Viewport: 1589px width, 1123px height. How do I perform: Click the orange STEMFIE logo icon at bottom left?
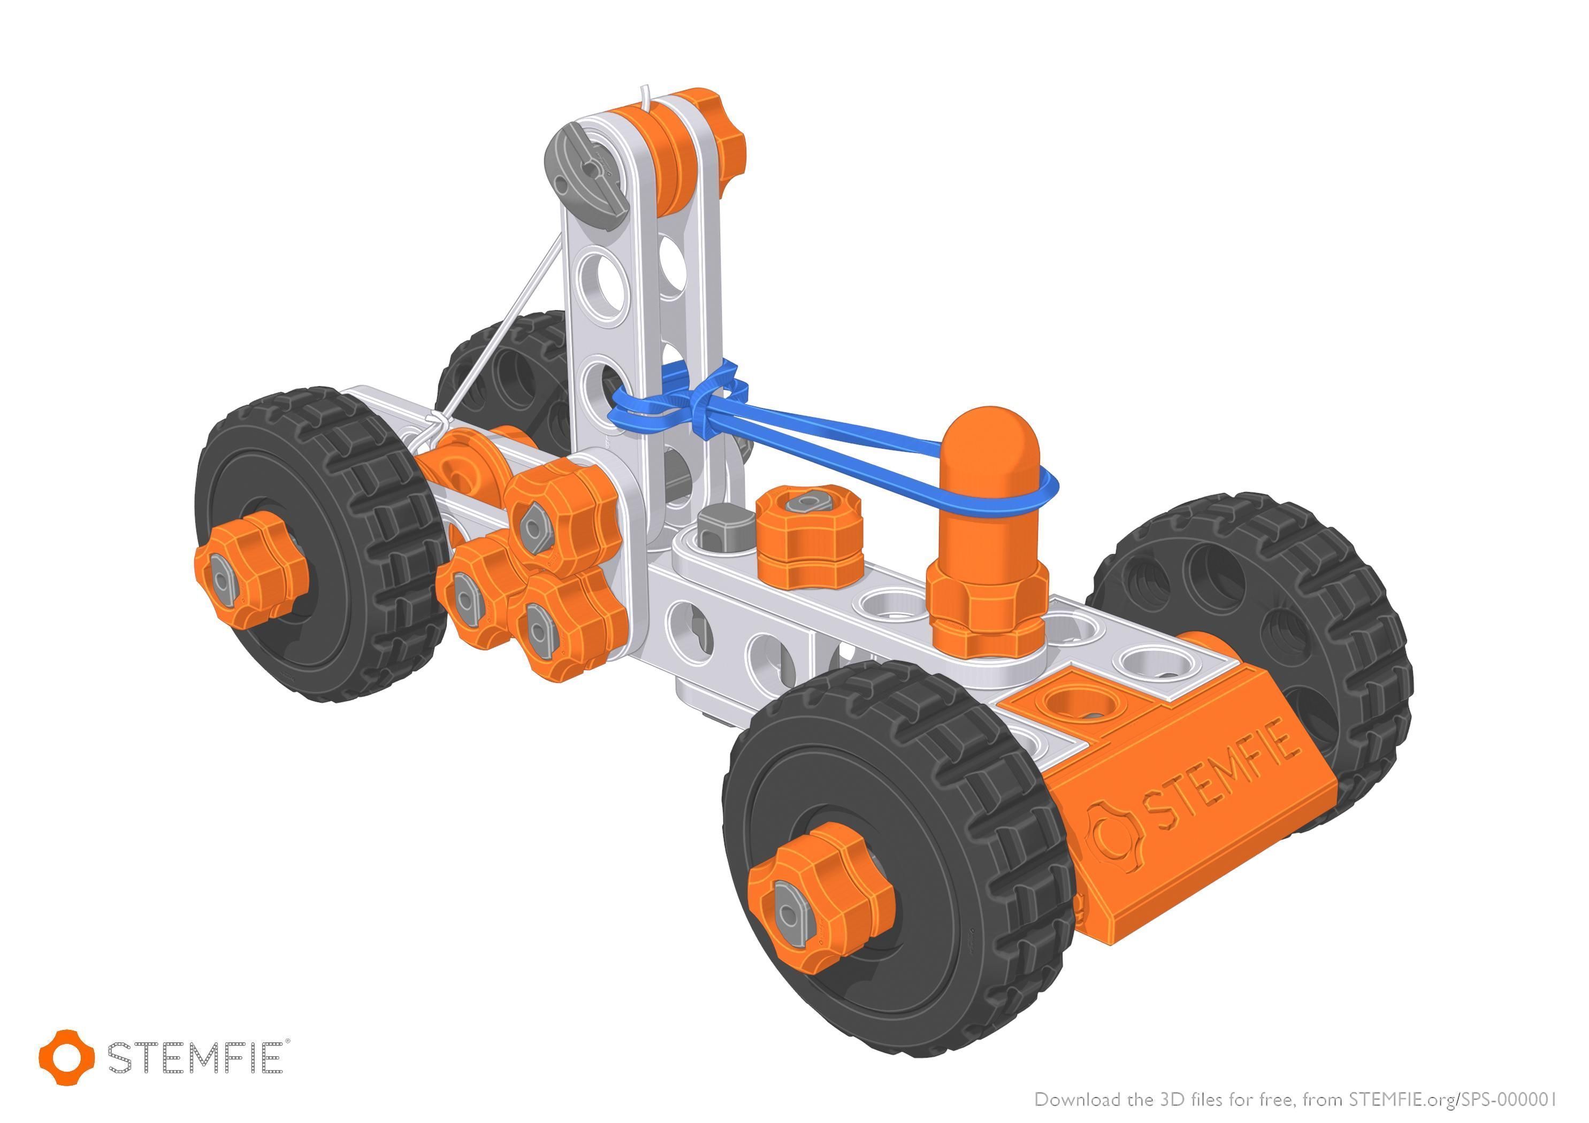pos(66,1057)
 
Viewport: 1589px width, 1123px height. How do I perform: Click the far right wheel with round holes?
pos(1259,609)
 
